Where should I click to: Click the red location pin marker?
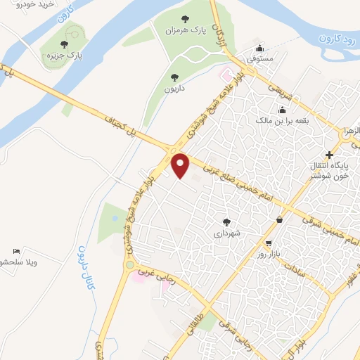[x=181, y=166]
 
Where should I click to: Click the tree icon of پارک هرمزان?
[x=184, y=20]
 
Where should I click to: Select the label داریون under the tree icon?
[x=174, y=89]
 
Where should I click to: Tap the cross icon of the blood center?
[x=328, y=154]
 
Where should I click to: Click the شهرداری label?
[x=226, y=232]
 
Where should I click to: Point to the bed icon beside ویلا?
[x=16, y=251]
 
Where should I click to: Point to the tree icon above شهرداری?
[x=226, y=221]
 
